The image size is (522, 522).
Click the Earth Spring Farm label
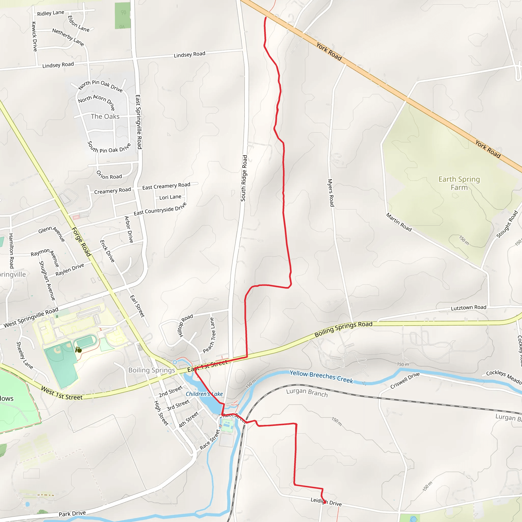pyautogui.click(x=459, y=183)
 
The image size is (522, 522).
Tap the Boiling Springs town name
pyautogui.click(x=152, y=370)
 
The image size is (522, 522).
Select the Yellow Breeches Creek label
pyautogui.click(x=321, y=377)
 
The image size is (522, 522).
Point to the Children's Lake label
pyautogui.click(x=204, y=394)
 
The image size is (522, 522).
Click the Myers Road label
pyautogui.click(x=331, y=193)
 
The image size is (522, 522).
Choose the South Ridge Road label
pyautogui.click(x=244, y=178)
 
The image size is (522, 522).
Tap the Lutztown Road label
pyautogui.click(x=468, y=307)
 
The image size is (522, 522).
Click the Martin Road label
pyautogui.click(x=399, y=222)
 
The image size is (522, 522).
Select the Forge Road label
pyautogui.click(x=81, y=242)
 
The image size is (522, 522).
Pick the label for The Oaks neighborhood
pyautogui.click(x=105, y=116)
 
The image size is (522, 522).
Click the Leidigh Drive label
pyautogui.click(x=326, y=502)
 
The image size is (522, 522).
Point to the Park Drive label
pyautogui.click(x=72, y=514)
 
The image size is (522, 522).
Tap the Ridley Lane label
pyautogui.click(x=50, y=13)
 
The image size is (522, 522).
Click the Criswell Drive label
pyautogui.click(x=405, y=381)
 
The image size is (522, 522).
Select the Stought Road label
pyautogui.click(x=507, y=224)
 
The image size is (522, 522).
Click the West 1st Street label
pyautogui.click(x=62, y=393)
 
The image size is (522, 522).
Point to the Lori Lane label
pyautogui.click(x=170, y=197)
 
